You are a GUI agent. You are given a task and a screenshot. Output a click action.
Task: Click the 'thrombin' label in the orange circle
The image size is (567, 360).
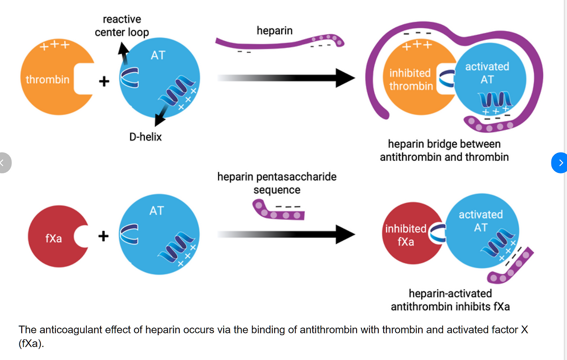[x=47, y=79]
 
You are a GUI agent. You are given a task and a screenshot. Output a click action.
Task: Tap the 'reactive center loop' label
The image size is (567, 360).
[x=122, y=26]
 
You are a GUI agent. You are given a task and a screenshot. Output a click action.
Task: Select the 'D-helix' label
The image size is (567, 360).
[x=145, y=137]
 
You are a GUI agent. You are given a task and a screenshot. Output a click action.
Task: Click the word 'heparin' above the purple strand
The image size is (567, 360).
[x=275, y=31]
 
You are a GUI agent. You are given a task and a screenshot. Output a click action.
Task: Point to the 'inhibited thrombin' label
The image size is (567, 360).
[x=410, y=79]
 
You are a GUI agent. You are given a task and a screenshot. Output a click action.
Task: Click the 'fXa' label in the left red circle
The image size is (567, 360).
[x=54, y=239]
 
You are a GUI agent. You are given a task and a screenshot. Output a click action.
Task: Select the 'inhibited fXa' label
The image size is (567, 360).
[x=405, y=235]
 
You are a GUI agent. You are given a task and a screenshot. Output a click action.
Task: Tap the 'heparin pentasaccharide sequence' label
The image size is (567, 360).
[x=277, y=183]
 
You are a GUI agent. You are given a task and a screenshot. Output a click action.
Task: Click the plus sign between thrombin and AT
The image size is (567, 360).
[x=104, y=82]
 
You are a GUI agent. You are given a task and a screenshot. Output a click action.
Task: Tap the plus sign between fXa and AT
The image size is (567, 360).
[x=103, y=236]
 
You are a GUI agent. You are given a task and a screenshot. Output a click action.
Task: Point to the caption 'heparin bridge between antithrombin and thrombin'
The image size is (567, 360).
[x=444, y=150]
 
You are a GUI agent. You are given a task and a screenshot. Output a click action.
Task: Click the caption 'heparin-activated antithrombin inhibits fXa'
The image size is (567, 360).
[x=450, y=300]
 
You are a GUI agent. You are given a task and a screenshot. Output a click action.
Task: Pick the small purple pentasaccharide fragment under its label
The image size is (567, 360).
[x=278, y=212]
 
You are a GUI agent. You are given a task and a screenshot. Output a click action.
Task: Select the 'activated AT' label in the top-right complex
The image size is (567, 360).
[x=487, y=73]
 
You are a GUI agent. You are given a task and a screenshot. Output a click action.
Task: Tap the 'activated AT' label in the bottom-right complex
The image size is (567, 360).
[x=481, y=221]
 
